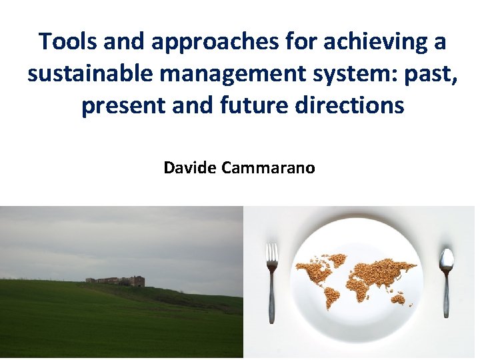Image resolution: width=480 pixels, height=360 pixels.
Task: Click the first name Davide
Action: [x=190, y=167]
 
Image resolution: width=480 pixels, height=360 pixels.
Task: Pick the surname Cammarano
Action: [x=269, y=167]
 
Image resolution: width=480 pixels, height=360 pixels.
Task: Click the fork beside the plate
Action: [x=272, y=280]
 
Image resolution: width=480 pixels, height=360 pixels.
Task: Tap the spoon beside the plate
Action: [x=446, y=280]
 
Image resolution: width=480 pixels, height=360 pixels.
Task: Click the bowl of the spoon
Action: [x=446, y=259]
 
